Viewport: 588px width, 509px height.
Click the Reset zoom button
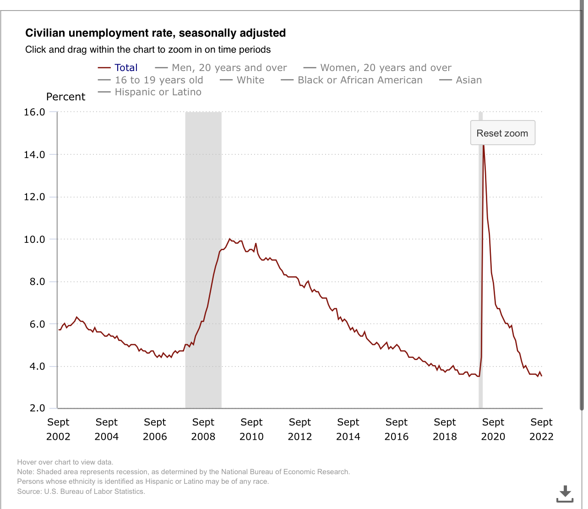coord(502,133)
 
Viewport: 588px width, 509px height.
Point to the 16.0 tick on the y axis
coord(34,112)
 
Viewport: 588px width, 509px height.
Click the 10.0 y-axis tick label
coord(34,239)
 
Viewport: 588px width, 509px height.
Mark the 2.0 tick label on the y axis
coord(37,408)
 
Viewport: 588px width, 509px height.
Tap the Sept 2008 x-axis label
coord(203,429)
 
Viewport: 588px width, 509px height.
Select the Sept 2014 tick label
coord(348,429)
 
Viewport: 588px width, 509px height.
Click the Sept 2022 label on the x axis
coord(541,429)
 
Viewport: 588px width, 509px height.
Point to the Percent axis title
coord(66,97)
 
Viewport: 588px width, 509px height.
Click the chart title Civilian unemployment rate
coord(155,33)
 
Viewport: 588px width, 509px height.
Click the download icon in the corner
coord(565,494)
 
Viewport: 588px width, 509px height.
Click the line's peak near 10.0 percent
coord(229,239)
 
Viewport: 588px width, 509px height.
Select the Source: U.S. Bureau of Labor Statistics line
coord(81,492)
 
